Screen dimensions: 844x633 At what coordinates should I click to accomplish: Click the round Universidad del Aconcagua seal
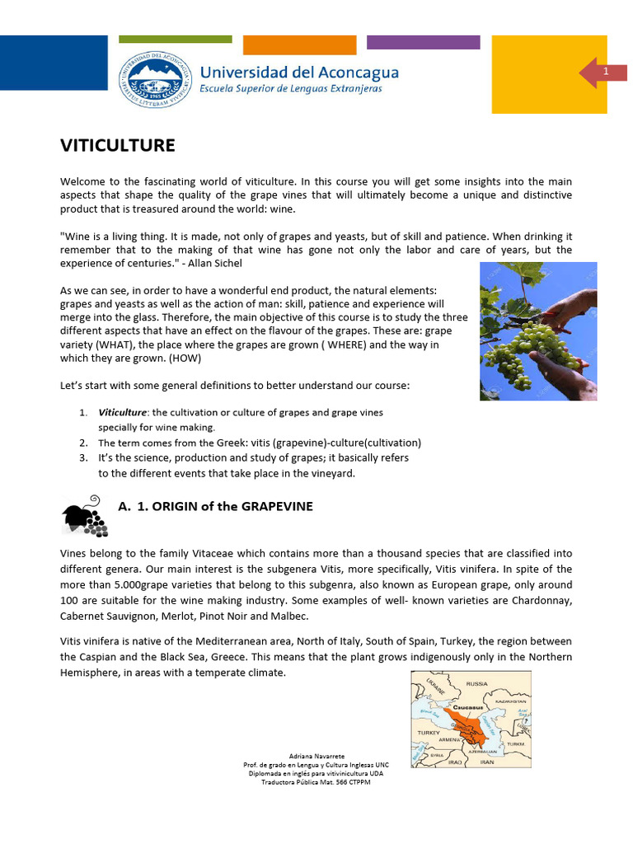(x=156, y=79)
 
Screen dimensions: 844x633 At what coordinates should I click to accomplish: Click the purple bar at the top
(x=423, y=42)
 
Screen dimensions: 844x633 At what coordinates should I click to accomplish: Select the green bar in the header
(x=175, y=39)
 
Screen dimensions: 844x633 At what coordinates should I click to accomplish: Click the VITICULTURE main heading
(x=118, y=146)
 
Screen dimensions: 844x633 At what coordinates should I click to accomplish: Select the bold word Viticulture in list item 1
(x=122, y=412)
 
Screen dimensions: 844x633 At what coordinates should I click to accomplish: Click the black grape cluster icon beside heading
(x=84, y=516)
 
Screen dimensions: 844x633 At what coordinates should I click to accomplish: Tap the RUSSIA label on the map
(x=477, y=683)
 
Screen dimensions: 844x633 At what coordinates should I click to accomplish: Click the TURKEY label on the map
(x=429, y=732)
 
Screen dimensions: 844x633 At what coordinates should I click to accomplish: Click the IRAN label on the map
(x=486, y=762)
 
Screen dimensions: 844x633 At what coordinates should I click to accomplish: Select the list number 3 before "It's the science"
(x=83, y=457)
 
